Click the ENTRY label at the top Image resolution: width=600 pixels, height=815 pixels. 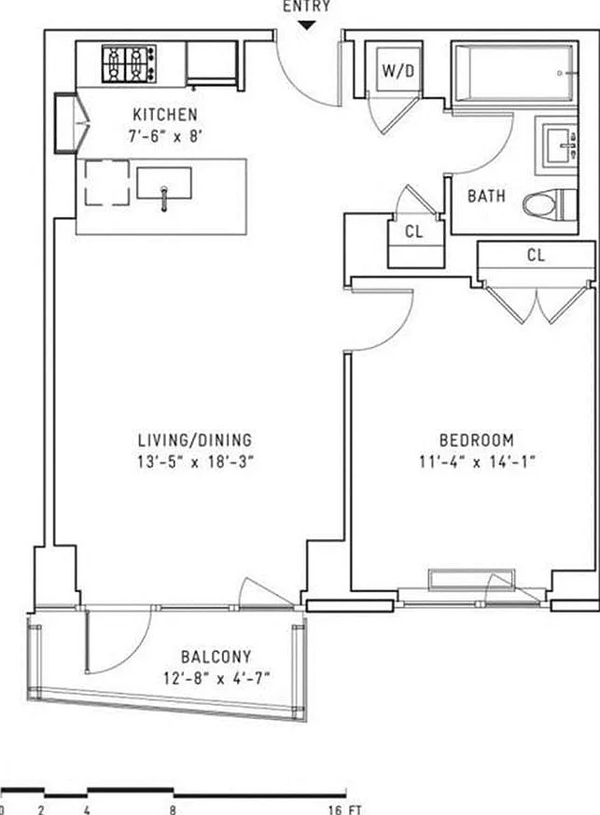[308, 6]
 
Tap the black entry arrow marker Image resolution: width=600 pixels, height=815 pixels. [308, 25]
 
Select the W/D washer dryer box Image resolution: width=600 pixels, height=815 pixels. [392, 69]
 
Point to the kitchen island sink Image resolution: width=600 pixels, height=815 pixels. [164, 184]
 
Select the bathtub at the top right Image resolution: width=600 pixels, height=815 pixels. [516, 72]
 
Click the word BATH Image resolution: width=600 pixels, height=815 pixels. [486, 197]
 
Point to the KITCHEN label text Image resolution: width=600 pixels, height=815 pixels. [164, 115]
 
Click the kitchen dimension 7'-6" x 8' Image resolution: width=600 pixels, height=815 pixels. [164, 134]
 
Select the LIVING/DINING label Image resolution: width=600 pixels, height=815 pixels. [195, 440]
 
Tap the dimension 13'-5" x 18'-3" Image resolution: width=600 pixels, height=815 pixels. [195, 460]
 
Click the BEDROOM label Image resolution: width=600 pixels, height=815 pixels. [477, 440]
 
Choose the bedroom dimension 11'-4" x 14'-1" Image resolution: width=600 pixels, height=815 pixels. [477, 460]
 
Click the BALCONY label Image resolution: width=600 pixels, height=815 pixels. [216, 656]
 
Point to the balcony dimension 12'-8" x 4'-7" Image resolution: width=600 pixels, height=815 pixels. [216, 677]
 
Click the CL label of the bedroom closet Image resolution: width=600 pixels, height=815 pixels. [535, 255]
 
